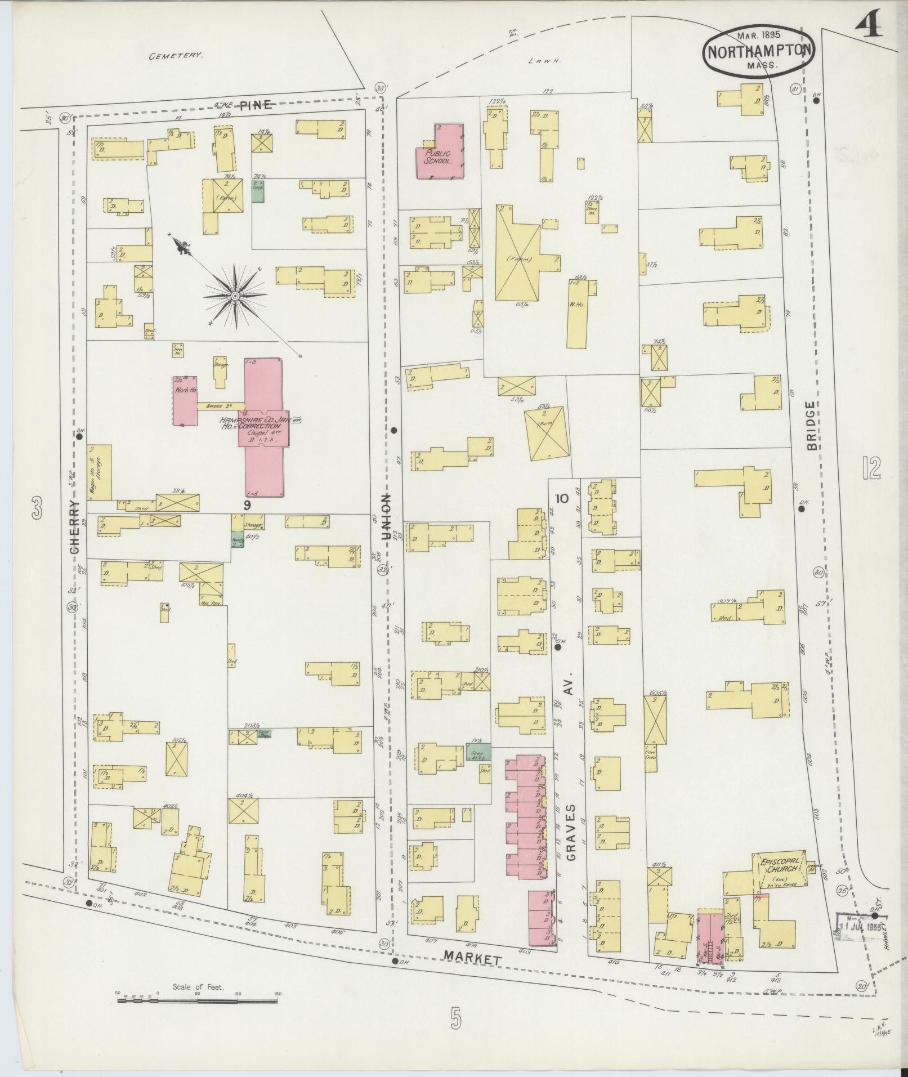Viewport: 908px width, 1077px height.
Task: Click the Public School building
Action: click(x=439, y=155)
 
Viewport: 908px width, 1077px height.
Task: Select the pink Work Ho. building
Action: click(x=184, y=400)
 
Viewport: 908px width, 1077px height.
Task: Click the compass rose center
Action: click(x=235, y=295)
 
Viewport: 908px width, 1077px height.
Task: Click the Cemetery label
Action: click(x=175, y=56)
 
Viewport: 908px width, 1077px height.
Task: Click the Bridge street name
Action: click(x=811, y=425)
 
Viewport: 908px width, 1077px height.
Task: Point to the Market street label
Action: click(x=471, y=956)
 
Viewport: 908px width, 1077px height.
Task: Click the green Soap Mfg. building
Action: click(x=478, y=752)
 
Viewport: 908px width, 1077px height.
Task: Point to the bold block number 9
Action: click(x=247, y=505)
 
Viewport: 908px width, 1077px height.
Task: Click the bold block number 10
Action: click(x=561, y=498)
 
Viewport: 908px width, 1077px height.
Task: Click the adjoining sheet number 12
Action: click(x=870, y=468)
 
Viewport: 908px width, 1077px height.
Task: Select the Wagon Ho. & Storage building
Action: click(x=100, y=472)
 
